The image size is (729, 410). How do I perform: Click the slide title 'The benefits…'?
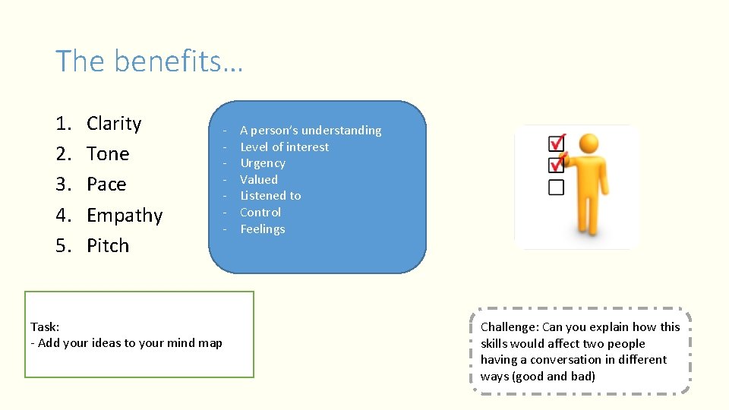coord(149,61)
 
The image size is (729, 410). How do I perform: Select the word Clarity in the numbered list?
coord(114,124)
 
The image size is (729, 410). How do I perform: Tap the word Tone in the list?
coord(108,154)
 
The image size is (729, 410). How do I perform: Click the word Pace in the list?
coord(106,184)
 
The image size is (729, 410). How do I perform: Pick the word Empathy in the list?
coord(125,216)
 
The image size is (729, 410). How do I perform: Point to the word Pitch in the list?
coord(108,246)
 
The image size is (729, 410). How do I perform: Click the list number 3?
coord(63,184)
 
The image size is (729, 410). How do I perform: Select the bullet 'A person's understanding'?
coord(311,131)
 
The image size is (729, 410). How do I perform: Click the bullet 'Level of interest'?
coord(284,147)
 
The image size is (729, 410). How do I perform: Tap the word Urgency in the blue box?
coord(263,163)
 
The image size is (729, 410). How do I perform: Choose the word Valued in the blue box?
coord(259,180)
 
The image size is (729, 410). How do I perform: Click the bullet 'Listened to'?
coord(270,196)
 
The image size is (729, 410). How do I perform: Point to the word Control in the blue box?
coord(260,213)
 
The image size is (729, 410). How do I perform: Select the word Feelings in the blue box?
coord(263,229)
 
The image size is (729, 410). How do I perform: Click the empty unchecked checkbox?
coord(557,187)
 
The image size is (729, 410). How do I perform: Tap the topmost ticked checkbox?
coord(557,143)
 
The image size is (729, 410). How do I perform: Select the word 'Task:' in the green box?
coord(45,326)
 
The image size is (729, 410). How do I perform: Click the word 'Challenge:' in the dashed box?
coord(510,326)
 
